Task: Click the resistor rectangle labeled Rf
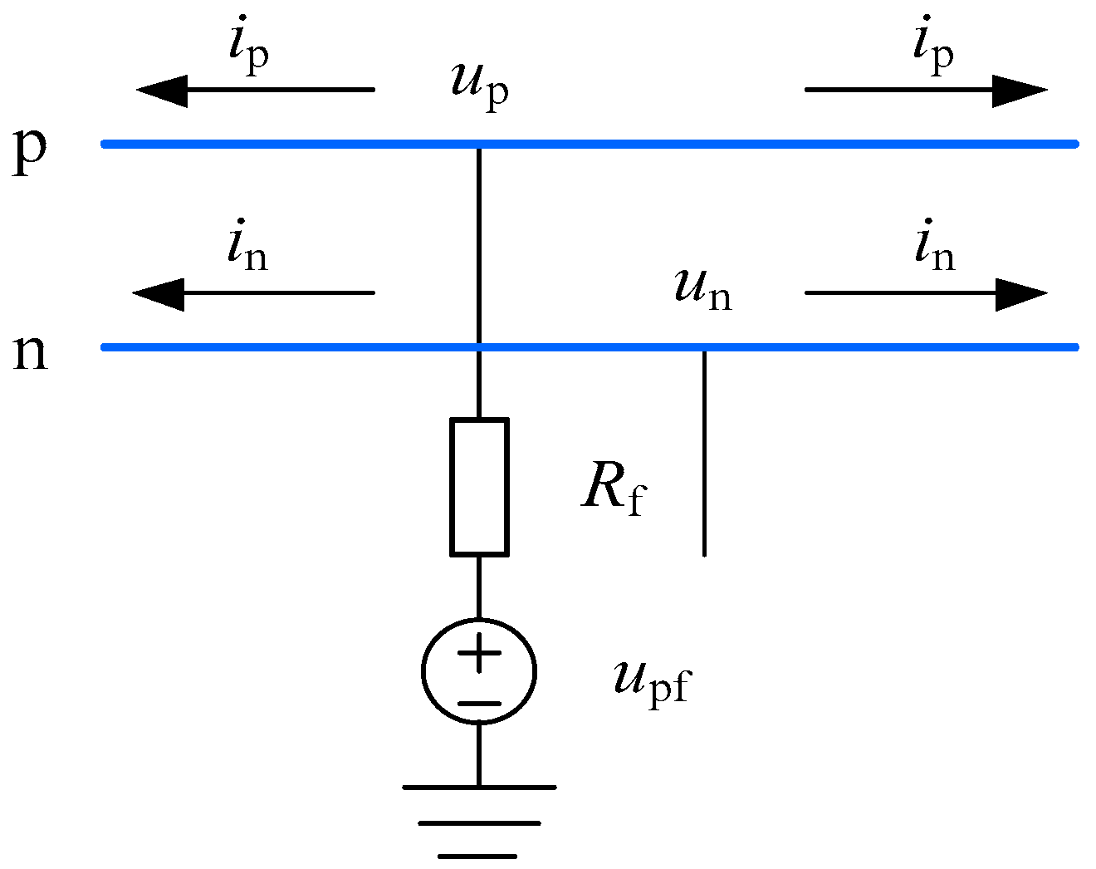[479, 487]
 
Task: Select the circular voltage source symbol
[479, 671]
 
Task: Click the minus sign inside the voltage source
[479, 703]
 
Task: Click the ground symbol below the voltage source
[479, 822]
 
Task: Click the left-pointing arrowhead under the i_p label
[163, 90]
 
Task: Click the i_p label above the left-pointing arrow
[248, 48]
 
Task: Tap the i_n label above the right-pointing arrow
[934, 249]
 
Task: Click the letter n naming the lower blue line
[31, 352]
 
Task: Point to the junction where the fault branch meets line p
[479, 145]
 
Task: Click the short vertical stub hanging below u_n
[704, 453]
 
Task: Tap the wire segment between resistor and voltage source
[479, 587]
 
